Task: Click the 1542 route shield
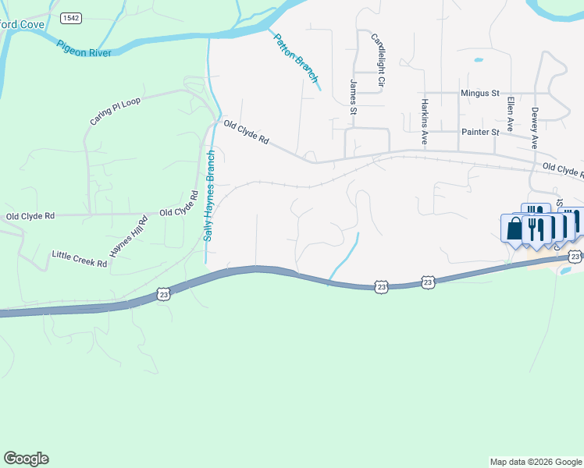(x=69, y=17)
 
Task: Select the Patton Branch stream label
(x=297, y=58)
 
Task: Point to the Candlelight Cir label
(x=379, y=59)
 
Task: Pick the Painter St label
(x=479, y=133)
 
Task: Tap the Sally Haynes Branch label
(x=209, y=196)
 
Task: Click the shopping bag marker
(x=515, y=229)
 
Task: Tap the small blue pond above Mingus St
(x=478, y=59)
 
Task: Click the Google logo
(x=26, y=459)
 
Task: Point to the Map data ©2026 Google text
(x=535, y=462)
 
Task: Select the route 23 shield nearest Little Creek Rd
(x=163, y=293)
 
